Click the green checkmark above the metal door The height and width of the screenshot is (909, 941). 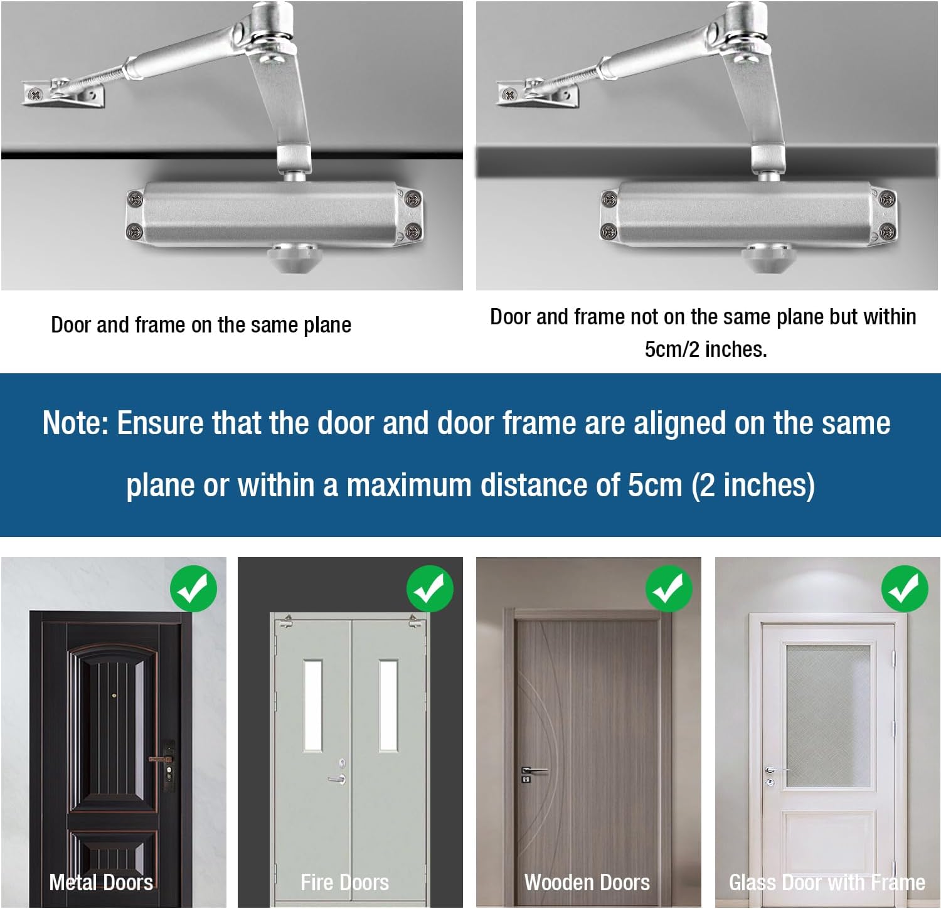[193, 588]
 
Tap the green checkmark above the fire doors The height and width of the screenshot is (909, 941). [430, 588]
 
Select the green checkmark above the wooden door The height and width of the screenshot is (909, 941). [669, 588]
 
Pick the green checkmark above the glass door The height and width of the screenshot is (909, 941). [905, 588]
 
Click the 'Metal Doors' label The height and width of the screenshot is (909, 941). [101, 883]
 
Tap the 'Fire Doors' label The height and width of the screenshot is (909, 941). [344, 883]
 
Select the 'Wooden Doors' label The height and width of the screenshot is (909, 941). [587, 883]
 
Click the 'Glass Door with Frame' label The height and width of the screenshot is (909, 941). [827, 883]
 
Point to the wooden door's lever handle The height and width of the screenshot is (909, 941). [533, 770]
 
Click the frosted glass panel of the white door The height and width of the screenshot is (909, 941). [828, 715]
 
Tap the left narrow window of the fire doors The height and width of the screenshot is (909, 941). [313, 704]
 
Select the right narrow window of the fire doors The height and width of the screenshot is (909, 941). [388, 704]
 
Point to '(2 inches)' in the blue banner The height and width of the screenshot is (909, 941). [753, 486]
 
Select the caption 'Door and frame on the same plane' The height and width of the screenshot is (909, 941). [201, 325]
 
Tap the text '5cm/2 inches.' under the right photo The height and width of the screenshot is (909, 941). [706, 349]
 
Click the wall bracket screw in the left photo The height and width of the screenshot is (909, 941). [35, 95]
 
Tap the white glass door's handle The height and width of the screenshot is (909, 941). [774, 770]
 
